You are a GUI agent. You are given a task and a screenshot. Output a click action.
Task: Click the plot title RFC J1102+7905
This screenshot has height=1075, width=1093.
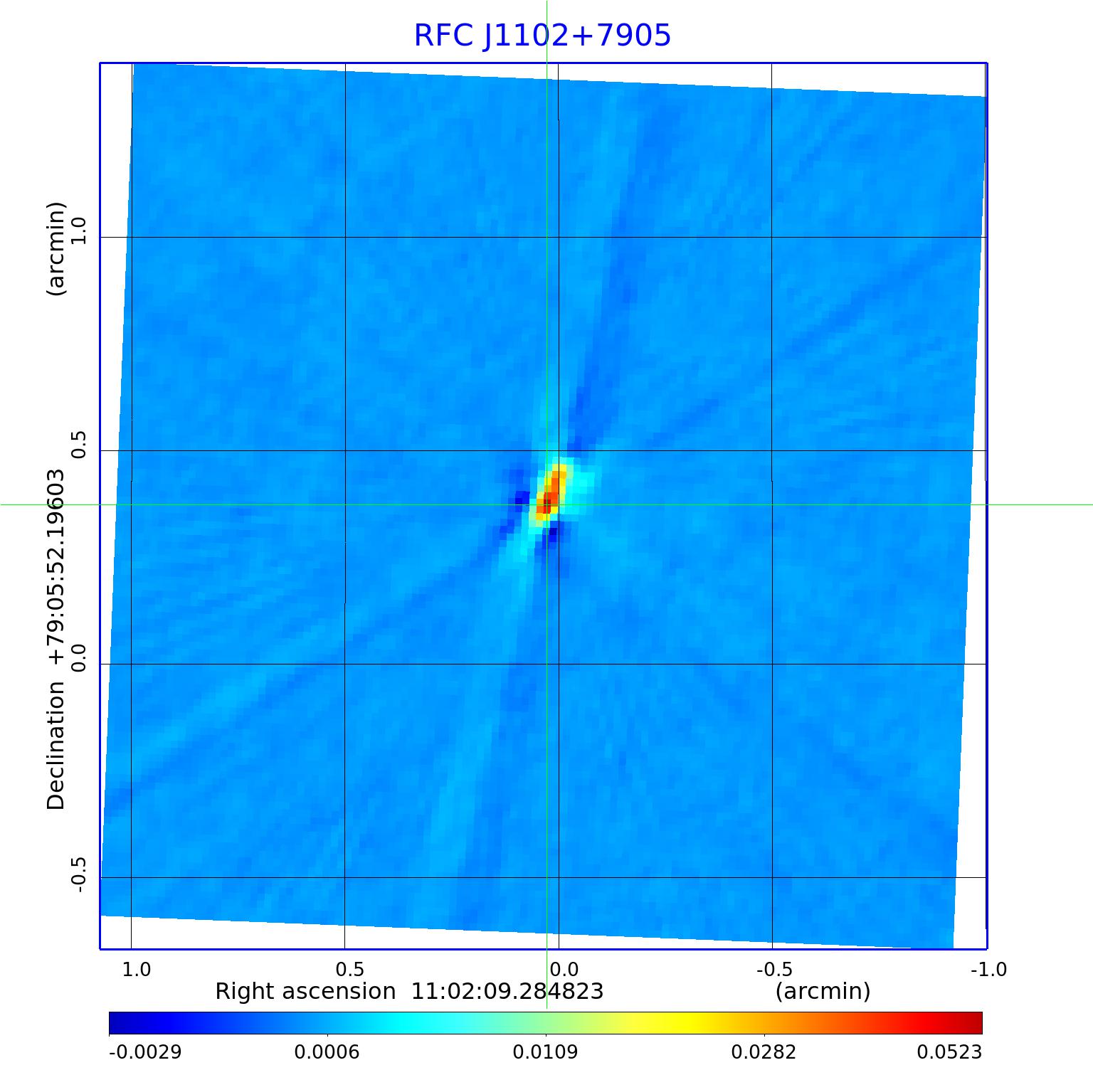coord(542,36)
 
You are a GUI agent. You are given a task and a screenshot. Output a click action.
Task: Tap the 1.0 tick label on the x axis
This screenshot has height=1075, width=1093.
coord(137,969)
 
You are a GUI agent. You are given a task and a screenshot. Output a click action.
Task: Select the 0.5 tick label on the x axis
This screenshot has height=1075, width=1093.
coord(349,969)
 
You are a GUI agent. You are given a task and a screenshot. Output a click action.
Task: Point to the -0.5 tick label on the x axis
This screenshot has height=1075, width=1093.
coord(773,969)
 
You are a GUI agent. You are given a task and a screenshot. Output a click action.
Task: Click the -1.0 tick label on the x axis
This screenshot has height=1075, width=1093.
coord(988,969)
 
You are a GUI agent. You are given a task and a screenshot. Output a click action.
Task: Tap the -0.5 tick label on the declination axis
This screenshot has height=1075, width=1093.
coord(78,874)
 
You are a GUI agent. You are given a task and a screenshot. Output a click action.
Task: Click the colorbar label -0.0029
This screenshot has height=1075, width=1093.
coord(145,1052)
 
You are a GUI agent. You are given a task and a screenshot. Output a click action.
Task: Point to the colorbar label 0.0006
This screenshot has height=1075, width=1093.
coord(327,1052)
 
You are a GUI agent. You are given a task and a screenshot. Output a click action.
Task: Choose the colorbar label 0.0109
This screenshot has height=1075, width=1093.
coord(546,1052)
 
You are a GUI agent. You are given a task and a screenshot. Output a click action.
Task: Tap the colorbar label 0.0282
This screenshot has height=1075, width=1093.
coord(764,1052)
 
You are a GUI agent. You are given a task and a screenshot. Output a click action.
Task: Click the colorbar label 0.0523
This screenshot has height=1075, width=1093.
coord(949,1052)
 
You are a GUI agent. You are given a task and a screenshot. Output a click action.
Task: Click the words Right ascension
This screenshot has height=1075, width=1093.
coord(305,991)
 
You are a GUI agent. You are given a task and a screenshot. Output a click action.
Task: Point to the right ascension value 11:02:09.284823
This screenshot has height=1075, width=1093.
coord(507,991)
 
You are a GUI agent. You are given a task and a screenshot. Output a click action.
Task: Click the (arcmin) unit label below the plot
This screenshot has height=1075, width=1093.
coord(823,991)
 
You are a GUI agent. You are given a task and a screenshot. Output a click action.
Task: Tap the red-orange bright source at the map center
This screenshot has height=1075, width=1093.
coord(551,492)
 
